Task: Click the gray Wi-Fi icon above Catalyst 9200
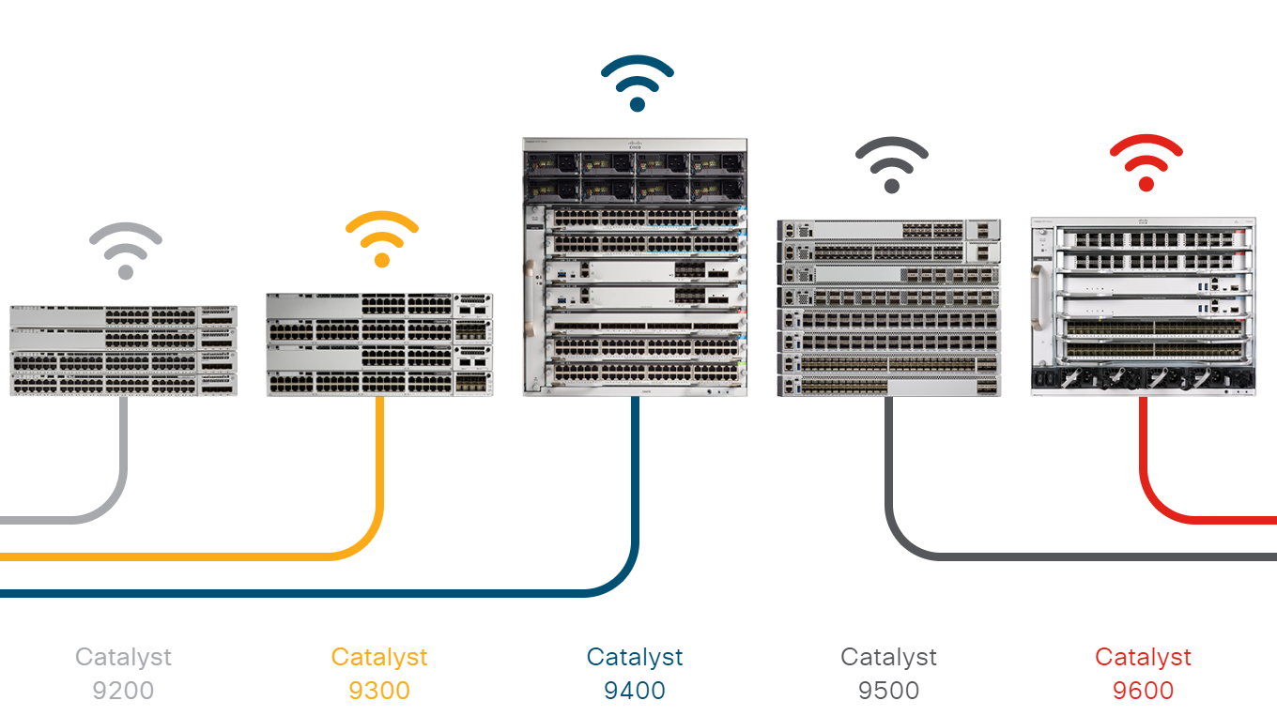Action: [126, 251]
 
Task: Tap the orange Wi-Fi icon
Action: [381, 240]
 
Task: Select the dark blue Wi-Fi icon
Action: [638, 84]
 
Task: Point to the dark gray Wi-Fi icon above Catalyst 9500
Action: [892, 165]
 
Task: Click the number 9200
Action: [123, 692]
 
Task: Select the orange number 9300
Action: [379, 692]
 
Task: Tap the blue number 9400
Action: [635, 692]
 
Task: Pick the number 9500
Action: [888, 692]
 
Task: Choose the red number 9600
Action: [1143, 692]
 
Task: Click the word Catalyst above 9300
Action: [379, 657]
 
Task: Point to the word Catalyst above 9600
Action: [1143, 657]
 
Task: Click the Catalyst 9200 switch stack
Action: [124, 350]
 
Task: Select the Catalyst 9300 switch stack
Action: [379, 344]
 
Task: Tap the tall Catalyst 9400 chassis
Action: [636, 267]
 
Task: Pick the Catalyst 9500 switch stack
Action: [889, 308]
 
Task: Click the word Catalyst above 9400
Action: [635, 657]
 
